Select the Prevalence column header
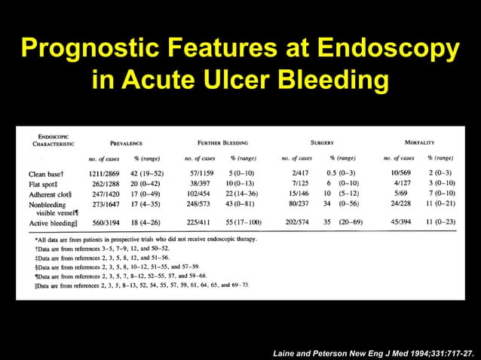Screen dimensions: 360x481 132,142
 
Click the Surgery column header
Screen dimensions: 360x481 322,142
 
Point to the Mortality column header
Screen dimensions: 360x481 418,142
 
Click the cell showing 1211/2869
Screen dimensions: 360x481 110,175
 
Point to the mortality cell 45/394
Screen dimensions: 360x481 400,224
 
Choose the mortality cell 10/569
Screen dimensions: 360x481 400,175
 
